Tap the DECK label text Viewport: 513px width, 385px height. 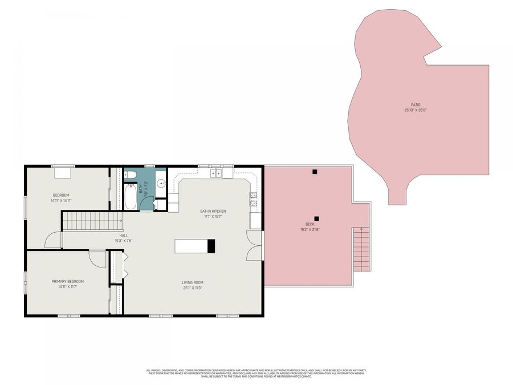click(x=310, y=224)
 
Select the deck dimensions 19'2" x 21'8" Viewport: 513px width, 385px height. click(x=310, y=229)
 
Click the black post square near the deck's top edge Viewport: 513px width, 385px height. click(x=314, y=171)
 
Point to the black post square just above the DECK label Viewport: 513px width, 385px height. click(x=317, y=218)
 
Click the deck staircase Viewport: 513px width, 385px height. click(x=361, y=249)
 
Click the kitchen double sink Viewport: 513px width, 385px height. click(x=215, y=173)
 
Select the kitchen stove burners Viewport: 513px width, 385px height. click(x=253, y=199)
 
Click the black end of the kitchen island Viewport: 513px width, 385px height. click(x=211, y=246)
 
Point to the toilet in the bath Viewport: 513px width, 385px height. click(x=130, y=175)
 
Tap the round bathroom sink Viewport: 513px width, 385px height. click(x=161, y=184)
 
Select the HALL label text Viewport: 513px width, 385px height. click(x=124, y=235)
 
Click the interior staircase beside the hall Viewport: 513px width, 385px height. click(x=91, y=221)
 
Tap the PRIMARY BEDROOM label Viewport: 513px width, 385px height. click(x=68, y=281)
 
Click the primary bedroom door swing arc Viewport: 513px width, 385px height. click(x=98, y=258)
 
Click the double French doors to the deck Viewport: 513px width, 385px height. click(x=254, y=245)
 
